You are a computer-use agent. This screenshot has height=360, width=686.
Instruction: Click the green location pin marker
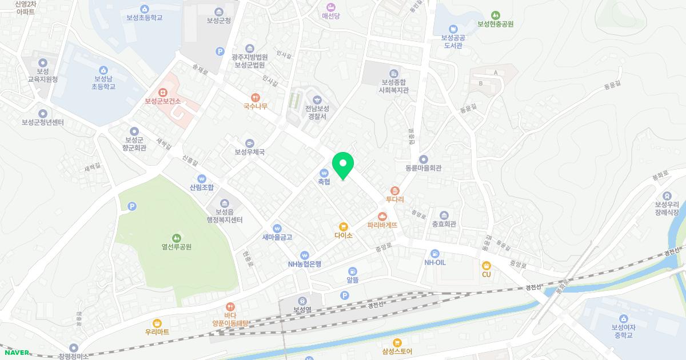tap(343, 166)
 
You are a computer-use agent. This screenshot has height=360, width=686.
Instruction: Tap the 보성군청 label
tap(219, 21)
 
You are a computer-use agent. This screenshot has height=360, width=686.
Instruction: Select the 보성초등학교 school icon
tap(145, 9)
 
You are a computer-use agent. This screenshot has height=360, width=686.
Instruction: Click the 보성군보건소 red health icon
tap(163, 92)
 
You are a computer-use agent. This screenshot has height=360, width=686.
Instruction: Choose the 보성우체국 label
tap(249, 152)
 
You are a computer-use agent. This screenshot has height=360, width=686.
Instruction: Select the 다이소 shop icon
tap(344, 226)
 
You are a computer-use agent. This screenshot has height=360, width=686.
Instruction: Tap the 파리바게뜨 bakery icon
tap(382, 216)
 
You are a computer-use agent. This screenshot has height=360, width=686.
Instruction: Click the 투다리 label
tap(395, 199)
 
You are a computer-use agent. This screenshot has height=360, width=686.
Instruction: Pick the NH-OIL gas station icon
tap(434, 253)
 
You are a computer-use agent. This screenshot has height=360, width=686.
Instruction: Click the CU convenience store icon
tap(486, 265)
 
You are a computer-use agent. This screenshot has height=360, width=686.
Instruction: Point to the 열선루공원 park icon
tap(176, 238)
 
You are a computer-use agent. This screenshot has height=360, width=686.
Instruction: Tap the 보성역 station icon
tap(302, 301)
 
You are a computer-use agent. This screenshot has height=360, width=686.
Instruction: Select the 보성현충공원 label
tap(496, 24)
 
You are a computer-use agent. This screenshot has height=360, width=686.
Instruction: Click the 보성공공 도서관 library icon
tap(453, 29)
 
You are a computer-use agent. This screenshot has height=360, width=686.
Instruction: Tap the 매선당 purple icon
tap(330, 7)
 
